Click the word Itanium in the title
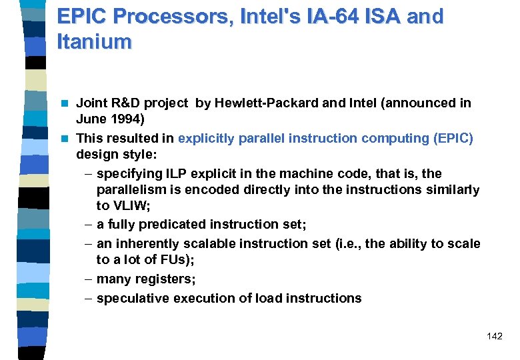point(95,41)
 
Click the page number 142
point(495,336)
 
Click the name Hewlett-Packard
point(256,103)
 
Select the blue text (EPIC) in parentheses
point(453,138)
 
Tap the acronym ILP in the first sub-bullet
point(175,173)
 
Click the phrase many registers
point(146,279)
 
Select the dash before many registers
point(89,279)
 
